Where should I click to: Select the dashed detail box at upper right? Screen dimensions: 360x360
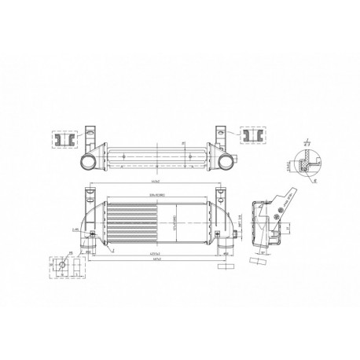[x=252, y=136]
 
